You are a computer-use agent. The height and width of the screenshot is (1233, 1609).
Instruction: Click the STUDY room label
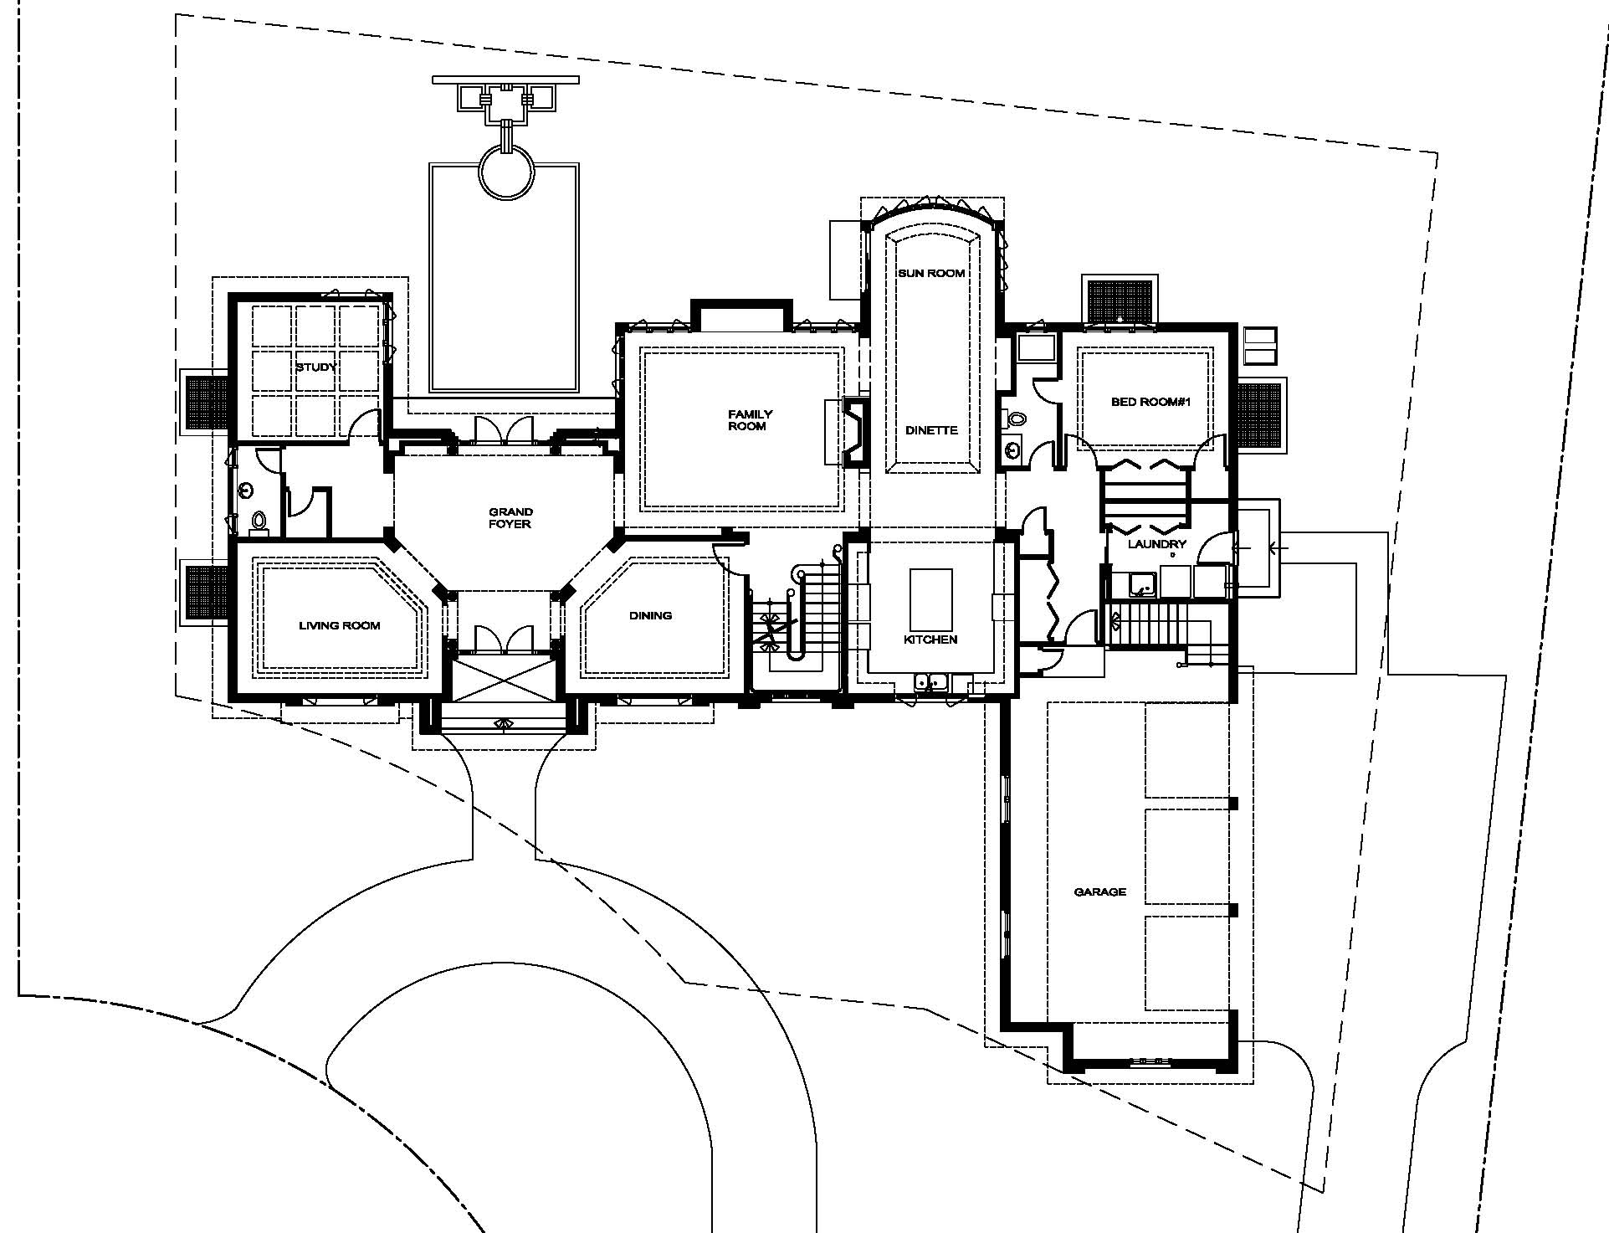click(316, 367)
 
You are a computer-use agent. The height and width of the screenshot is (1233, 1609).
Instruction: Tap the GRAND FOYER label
click(510, 518)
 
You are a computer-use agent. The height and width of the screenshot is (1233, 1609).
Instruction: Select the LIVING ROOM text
click(340, 625)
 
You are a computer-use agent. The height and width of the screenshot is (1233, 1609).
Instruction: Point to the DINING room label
click(651, 615)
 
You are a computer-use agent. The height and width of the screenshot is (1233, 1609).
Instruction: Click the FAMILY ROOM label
click(751, 420)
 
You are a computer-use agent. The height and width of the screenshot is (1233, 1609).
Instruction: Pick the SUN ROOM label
click(932, 273)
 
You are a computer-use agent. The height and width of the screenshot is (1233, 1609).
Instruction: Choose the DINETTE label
click(932, 430)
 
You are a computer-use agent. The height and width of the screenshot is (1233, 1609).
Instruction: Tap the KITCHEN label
click(930, 640)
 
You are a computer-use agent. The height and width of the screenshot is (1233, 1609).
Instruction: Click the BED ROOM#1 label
click(1150, 402)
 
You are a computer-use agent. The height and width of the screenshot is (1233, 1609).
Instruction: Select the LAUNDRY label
click(1157, 544)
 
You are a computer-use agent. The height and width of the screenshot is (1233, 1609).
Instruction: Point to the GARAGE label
click(1100, 892)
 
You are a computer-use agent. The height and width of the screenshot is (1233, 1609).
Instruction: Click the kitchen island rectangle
click(930, 599)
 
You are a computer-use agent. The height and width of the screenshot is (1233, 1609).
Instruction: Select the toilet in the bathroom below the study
click(259, 521)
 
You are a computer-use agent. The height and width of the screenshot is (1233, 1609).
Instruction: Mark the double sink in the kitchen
click(931, 683)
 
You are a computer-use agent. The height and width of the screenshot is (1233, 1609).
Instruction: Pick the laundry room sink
click(1140, 583)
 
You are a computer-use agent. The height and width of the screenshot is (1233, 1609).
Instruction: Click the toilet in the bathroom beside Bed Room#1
click(1016, 419)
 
